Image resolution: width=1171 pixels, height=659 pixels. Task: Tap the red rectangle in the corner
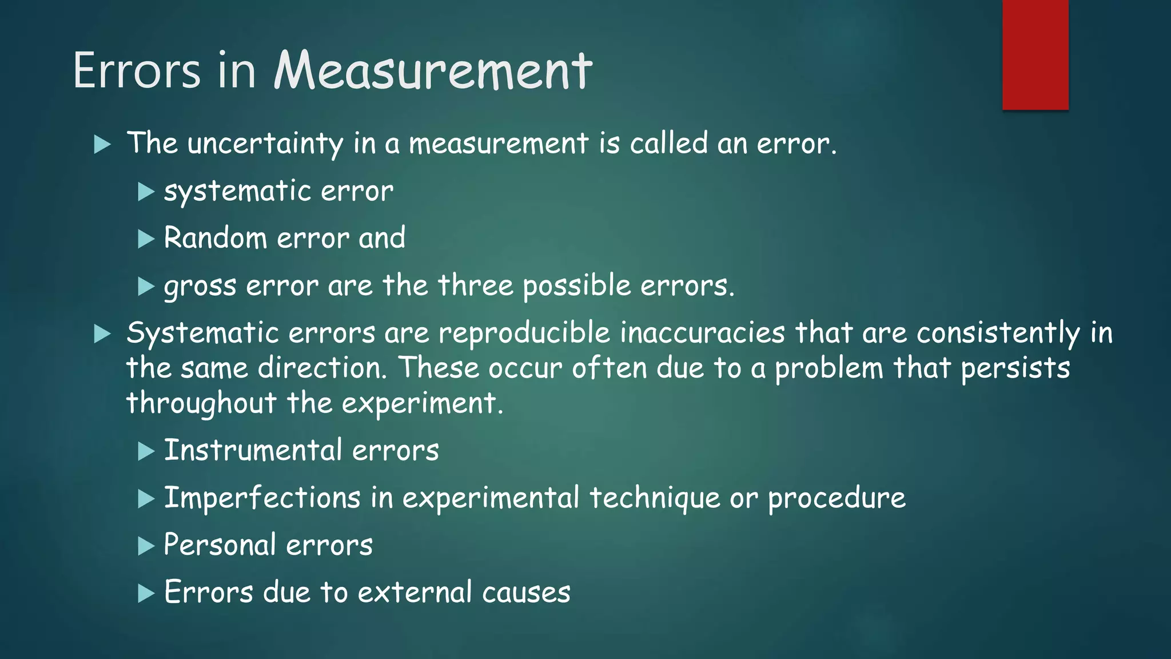pyautogui.click(x=1035, y=54)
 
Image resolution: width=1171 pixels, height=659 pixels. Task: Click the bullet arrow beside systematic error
pyautogui.click(x=146, y=192)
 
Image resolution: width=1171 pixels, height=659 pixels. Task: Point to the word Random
pyautogui.click(x=216, y=237)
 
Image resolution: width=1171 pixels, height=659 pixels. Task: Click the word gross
pyautogui.click(x=200, y=286)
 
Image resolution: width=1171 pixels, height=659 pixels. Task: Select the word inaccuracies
pyautogui.click(x=703, y=333)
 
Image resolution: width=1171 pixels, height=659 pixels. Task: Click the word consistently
pyautogui.click(x=998, y=334)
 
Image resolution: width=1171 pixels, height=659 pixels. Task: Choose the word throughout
pyautogui.click(x=201, y=404)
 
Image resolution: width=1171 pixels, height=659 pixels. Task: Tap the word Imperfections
pyautogui.click(x=262, y=498)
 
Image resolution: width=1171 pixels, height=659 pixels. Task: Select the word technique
pyautogui.click(x=655, y=498)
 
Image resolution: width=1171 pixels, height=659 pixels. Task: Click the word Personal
pyautogui.click(x=220, y=545)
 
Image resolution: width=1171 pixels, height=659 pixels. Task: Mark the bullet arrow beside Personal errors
pyautogui.click(x=146, y=546)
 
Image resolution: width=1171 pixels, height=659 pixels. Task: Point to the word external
pyautogui.click(x=415, y=592)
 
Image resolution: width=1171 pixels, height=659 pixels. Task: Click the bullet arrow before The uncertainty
pyautogui.click(x=102, y=144)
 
